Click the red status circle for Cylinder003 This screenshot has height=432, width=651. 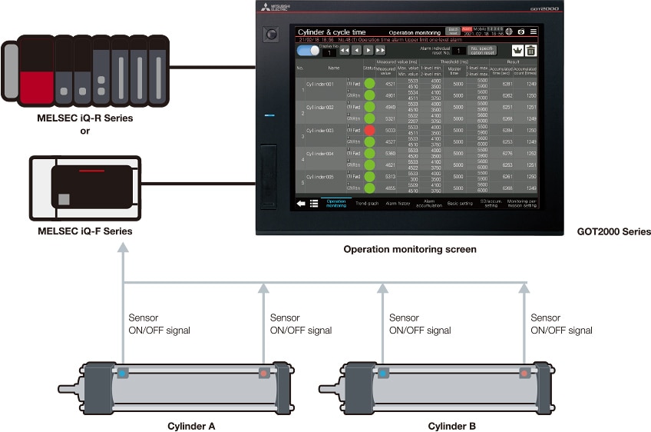point(369,131)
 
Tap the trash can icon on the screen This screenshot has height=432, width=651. point(530,51)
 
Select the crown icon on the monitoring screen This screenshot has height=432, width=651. point(517,51)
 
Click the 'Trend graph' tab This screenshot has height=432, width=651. point(367,203)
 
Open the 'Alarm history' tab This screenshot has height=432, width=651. point(398,203)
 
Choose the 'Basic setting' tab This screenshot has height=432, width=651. point(460,203)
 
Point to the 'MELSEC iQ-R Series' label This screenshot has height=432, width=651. point(84,118)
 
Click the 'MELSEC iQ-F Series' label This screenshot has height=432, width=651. point(84,231)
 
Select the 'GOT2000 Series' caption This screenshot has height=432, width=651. point(614,231)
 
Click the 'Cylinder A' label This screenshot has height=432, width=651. point(192,425)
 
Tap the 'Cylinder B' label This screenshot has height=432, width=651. point(452,425)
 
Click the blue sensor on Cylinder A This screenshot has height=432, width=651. point(123,374)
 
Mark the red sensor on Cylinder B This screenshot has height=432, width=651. point(524,374)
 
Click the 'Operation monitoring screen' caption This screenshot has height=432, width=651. point(410,249)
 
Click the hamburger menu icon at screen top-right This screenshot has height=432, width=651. point(534,32)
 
